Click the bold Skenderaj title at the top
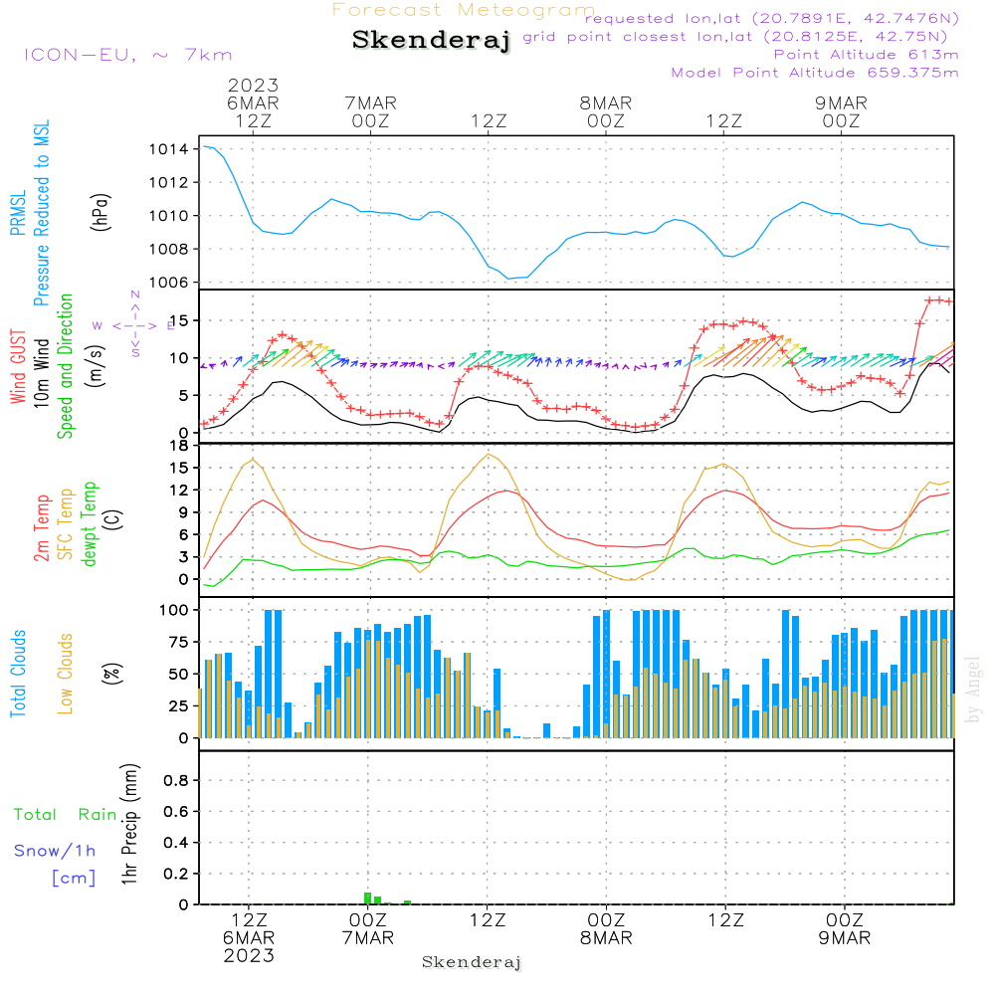coord(431,41)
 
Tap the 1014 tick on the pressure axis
coord(169,149)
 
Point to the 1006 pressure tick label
coord(169,283)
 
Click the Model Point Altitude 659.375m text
coord(815,73)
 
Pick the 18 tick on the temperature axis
coord(179,445)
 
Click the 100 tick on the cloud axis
coord(174,609)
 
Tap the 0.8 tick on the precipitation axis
coord(175,780)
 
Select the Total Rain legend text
coord(65,815)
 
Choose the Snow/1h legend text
coord(55,851)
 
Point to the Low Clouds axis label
coord(67,673)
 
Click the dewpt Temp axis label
coord(91,525)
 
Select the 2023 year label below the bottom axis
coord(249,956)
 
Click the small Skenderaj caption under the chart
coord(472,962)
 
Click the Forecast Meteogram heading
coord(464,11)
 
